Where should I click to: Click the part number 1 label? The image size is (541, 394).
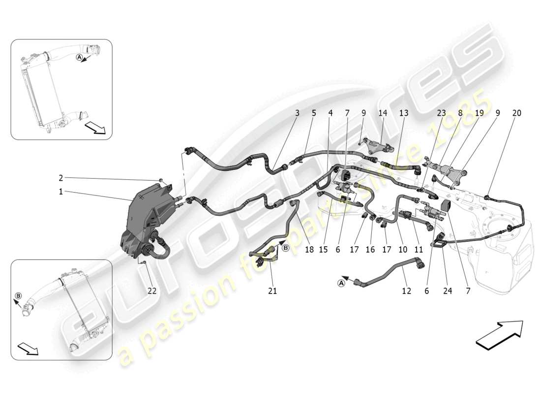[61, 192]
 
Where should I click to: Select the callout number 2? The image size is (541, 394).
[61, 178]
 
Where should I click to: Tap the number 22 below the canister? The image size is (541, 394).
[152, 291]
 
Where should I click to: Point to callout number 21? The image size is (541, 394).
[272, 291]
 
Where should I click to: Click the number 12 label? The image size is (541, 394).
[406, 291]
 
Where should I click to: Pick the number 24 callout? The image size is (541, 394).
[448, 291]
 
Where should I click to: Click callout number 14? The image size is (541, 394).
[383, 113]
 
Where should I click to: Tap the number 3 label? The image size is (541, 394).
[297, 113]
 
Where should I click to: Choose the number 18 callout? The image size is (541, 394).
[309, 250]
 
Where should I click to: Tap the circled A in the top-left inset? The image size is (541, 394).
[79, 58]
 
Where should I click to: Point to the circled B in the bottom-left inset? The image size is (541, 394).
[18, 296]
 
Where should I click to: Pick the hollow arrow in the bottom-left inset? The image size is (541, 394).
[28, 349]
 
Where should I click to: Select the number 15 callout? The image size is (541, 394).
[323, 250]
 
